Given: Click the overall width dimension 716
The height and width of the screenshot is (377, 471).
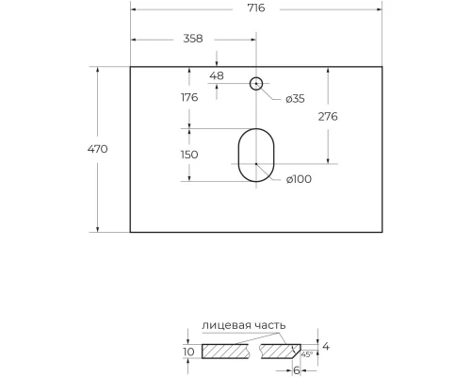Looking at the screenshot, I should [256, 8].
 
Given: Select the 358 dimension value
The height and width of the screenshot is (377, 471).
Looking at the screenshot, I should [193, 39].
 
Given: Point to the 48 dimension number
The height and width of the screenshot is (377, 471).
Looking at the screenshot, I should [217, 74].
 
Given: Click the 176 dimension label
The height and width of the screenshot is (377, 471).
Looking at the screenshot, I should [188, 97].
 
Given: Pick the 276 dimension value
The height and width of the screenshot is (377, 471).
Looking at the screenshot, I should [328, 116].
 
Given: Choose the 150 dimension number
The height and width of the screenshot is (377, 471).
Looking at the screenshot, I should [188, 155].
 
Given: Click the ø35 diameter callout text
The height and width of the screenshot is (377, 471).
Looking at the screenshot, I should [295, 98].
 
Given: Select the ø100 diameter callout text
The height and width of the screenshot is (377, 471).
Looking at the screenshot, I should [299, 180].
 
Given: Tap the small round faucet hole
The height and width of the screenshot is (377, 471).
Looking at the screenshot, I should [255, 83].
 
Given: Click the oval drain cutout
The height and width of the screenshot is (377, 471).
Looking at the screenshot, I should [255, 156].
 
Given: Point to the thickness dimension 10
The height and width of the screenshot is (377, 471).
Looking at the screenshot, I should [187, 352].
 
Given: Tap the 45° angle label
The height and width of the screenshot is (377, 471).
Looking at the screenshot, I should [306, 354].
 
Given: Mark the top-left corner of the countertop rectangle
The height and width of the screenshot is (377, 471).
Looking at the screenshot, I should [130, 67].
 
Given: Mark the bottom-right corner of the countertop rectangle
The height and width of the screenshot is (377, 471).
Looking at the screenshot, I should [382, 232].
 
